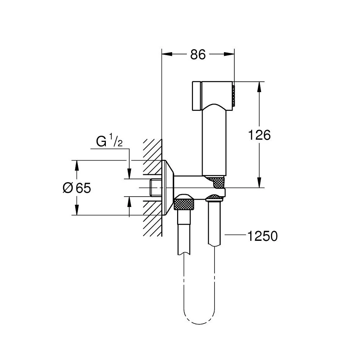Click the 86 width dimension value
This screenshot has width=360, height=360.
[x=198, y=55]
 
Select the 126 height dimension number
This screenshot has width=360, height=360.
[x=259, y=135]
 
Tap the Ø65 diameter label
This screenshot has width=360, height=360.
[x=76, y=188]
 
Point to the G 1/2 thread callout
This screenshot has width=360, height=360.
[x=109, y=141]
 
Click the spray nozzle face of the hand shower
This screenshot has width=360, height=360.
[x=233, y=94]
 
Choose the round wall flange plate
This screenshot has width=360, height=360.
[x=168, y=188]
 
